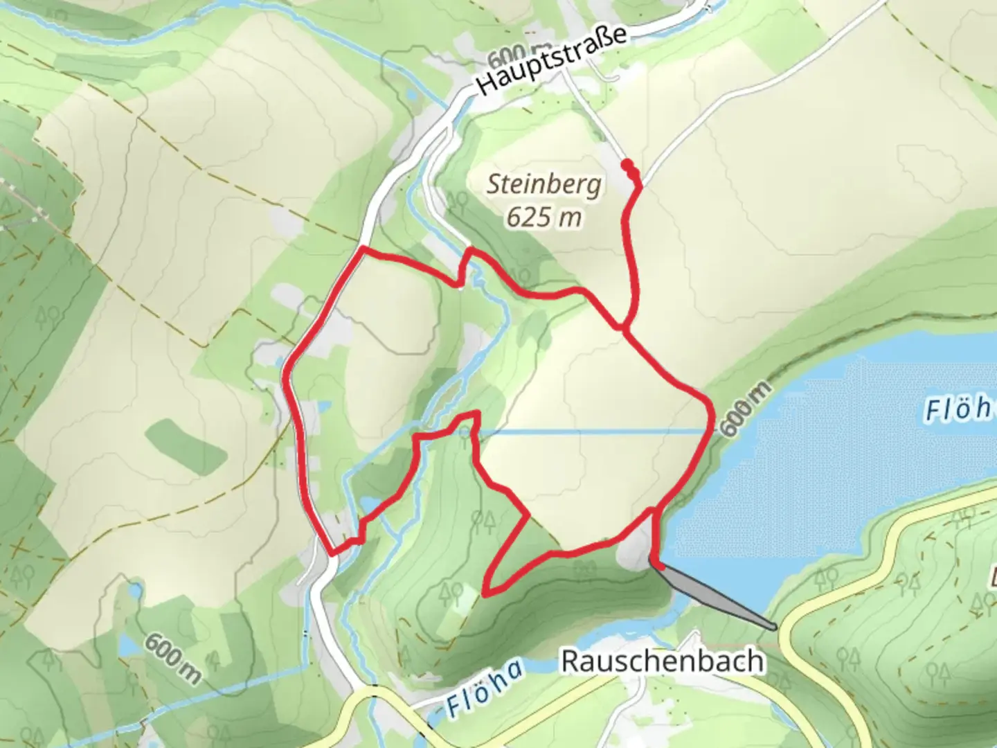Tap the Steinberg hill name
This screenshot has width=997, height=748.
544,184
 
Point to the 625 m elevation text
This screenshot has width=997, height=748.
544,217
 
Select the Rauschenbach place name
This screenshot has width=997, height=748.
663,661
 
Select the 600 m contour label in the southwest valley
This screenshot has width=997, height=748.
171,658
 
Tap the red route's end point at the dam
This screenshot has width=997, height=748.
660,566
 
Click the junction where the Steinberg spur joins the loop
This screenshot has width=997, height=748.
625,328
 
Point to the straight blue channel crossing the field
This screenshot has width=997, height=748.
589,431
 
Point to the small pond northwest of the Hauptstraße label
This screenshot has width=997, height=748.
413,94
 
